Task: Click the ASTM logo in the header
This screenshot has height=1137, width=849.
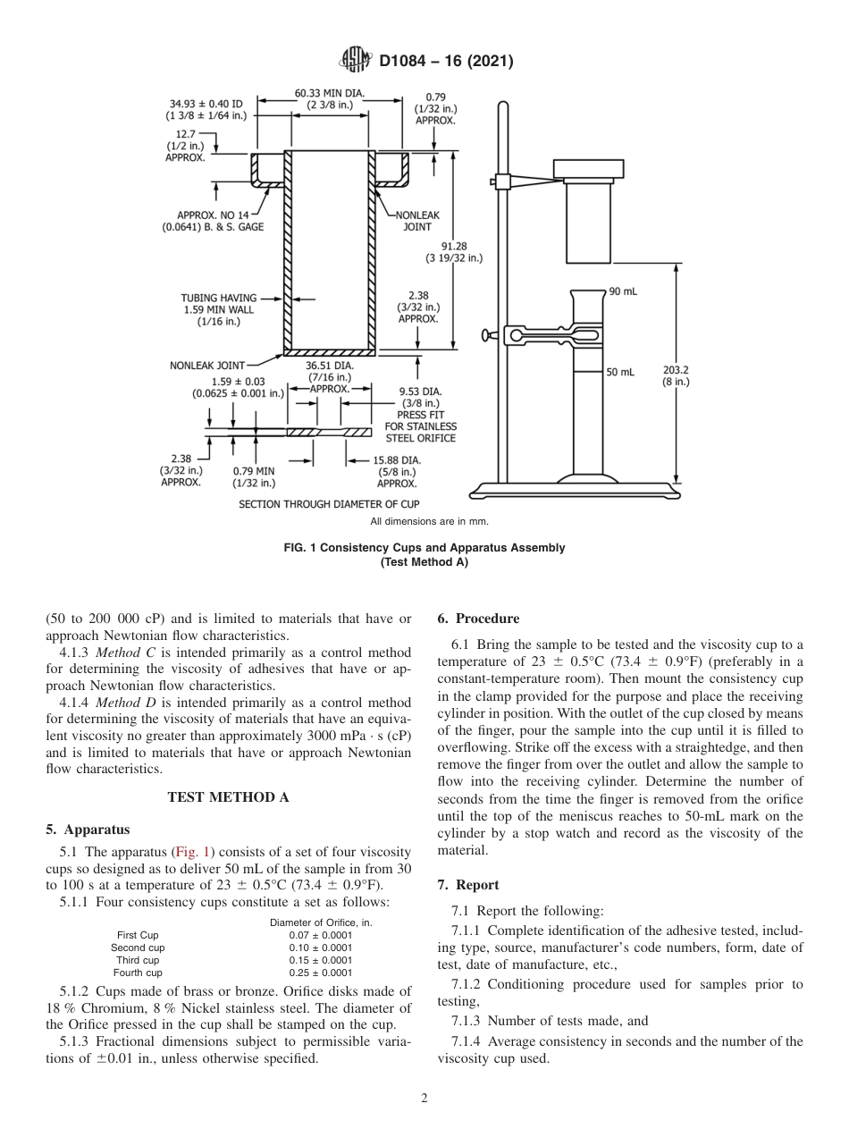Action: tap(355, 61)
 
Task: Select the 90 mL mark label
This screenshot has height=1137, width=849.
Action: tap(622, 292)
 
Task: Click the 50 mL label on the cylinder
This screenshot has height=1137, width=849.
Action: tap(619, 372)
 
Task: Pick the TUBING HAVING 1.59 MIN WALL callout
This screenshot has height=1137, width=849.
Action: tap(219, 309)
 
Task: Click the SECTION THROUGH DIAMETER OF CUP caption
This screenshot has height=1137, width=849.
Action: tap(328, 504)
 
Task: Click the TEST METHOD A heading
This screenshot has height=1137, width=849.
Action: tap(228, 798)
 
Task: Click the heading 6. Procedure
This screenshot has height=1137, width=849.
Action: tap(478, 619)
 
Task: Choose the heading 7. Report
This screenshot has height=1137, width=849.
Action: tap(468, 885)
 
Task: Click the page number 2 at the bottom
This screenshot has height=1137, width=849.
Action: tap(424, 1099)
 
